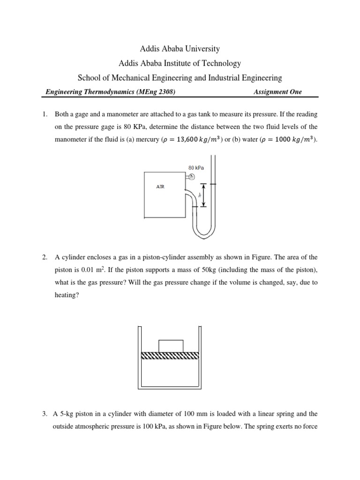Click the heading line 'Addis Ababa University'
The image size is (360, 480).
(x=180, y=49)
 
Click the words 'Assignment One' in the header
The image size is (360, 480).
(x=277, y=92)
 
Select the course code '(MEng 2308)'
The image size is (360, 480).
(x=157, y=92)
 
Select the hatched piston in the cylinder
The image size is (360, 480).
(x=170, y=356)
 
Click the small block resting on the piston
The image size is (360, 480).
(x=171, y=345)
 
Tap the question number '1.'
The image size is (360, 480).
(x=45, y=114)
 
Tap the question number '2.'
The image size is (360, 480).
(x=45, y=257)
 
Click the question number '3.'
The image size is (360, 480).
(x=45, y=414)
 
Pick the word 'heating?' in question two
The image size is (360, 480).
(x=67, y=296)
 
